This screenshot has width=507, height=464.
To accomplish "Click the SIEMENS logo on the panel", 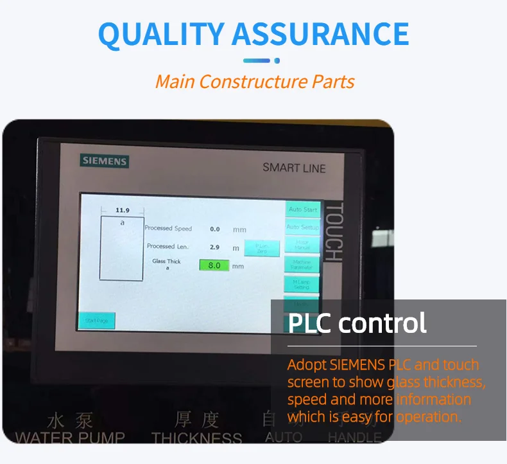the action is point(104,161).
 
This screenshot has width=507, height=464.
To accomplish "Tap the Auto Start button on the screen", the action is point(302,210).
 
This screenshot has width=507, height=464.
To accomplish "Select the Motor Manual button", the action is point(302,245).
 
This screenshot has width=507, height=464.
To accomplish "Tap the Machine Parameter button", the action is point(302,264).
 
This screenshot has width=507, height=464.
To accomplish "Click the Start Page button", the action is point(96,320).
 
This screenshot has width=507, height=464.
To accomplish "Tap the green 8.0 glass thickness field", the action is point(214,265).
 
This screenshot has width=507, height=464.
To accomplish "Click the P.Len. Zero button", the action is point(262,248).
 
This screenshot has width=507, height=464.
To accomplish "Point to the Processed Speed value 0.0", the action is point(215,229).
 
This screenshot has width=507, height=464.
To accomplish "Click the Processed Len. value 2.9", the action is point(215,247).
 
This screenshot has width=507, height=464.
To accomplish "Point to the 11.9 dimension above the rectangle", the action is point(122,210).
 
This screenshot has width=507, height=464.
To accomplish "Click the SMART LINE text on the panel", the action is point(294,168).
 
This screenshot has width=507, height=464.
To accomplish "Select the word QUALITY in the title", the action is point(160,34).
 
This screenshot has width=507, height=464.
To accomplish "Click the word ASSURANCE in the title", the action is point(320,34).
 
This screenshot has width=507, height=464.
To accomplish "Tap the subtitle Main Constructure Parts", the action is point(254,82).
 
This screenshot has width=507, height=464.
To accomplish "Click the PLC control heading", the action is point(357,323).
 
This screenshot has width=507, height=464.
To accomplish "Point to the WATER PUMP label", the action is point(70,438).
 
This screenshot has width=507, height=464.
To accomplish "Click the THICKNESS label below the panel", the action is point(197,438).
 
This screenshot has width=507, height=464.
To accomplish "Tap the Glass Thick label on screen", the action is point(166,262).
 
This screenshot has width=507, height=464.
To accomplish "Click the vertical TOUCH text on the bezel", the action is point(334,232).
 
